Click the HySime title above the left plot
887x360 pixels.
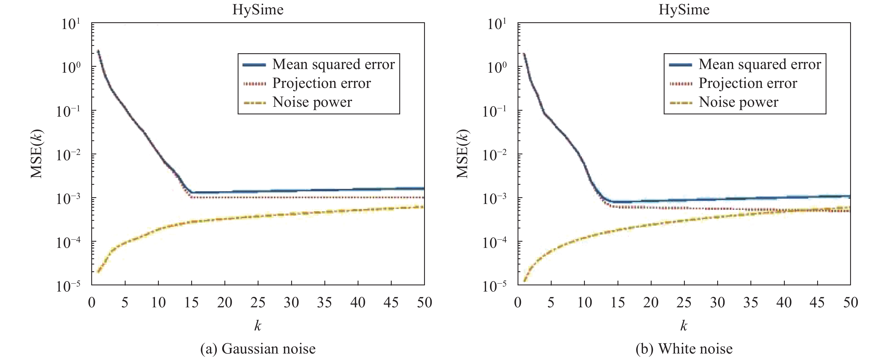pyautogui.click(x=258, y=9)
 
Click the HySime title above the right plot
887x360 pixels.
pyautogui.click(x=684, y=9)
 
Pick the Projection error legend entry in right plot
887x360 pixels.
pyautogui.click(x=748, y=83)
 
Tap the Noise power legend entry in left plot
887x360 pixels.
pyautogui.click(x=312, y=102)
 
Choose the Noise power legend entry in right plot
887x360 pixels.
pyautogui.click(x=738, y=102)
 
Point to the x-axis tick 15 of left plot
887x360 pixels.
pyautogui.click(x=191, y=303)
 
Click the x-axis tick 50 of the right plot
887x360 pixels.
pyautogui.click(x=850, y=303)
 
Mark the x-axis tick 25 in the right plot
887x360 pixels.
pyautogui.click(x=684, y=303)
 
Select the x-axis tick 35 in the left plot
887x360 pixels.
pyautogui.click(x=325, y=303)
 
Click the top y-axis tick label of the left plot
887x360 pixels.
pyautogui.click(x=71, y=24)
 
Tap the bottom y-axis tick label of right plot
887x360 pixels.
pyautogui.click(x=494, y=286)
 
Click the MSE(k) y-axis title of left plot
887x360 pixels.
pyautogui.click(x=37, y=154)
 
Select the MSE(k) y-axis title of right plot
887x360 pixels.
pyautogui.click(x=462, y=154)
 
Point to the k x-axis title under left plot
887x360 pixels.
pyautogui.click(x=258, y=325)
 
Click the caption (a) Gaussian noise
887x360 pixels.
pyautogui.click(x=258, y=349)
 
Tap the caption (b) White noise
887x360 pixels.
pyautogui.click(x=684, y=349)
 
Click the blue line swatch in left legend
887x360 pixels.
pyautogui.click(x=254, y=65)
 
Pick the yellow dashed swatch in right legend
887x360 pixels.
pyautogui.click(x=680, y=103)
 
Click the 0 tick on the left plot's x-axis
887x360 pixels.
pyautogui.click(x=92, y=303)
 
